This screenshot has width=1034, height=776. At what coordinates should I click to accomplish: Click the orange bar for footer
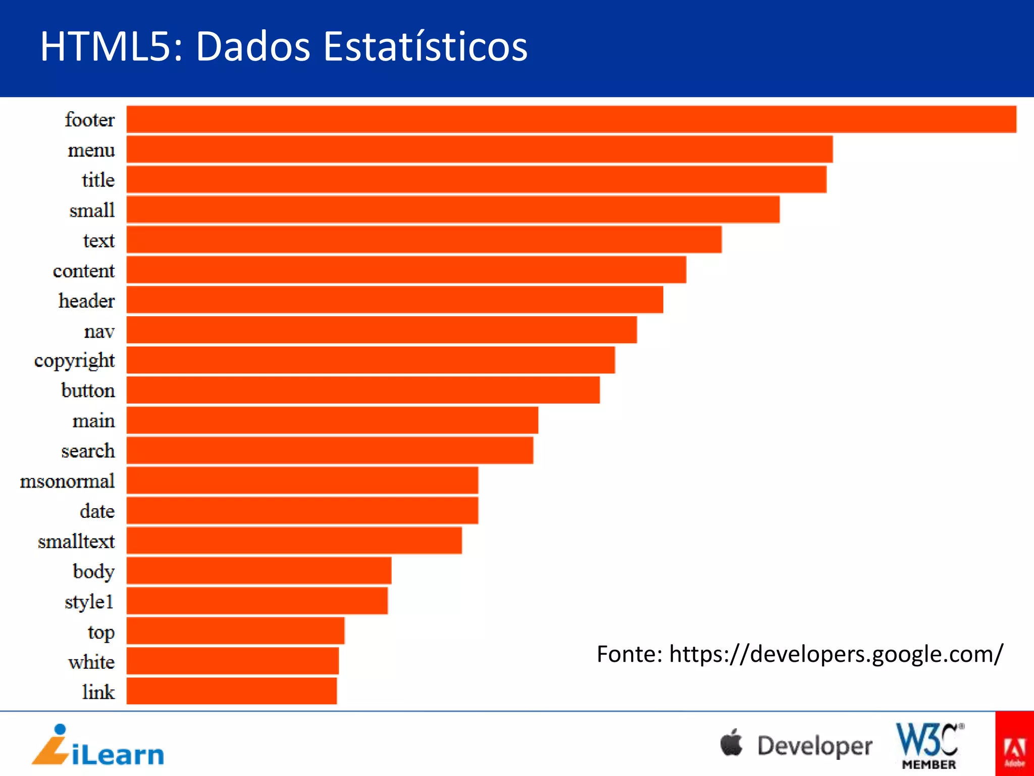[571, 119]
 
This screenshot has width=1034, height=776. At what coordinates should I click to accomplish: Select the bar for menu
[480, 150]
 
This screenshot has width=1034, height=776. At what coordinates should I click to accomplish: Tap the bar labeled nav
[382, 330]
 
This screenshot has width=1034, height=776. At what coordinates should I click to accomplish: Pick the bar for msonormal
[302, 480]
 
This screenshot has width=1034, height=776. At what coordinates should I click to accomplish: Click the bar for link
[231, 691]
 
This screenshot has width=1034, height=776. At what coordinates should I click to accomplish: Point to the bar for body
[258, 571]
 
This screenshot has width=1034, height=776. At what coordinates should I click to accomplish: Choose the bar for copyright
[371, 360]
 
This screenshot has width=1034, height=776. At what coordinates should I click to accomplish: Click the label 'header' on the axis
[86, 301]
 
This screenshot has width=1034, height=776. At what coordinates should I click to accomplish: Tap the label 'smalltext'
[76, 541]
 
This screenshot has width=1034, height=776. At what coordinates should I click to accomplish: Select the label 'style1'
[89, 602]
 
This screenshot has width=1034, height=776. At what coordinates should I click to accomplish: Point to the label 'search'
[88, 451]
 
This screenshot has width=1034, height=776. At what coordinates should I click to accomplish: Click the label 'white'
[91, 662]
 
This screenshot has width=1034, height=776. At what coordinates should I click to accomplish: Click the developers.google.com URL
[836, 654]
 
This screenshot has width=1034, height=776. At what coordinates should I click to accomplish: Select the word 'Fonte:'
[629, 654]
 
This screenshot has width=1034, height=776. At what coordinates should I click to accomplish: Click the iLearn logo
[98, 746]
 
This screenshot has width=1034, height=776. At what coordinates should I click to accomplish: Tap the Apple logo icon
[731, 743]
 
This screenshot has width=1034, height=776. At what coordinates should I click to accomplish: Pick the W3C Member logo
[929, 746]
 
